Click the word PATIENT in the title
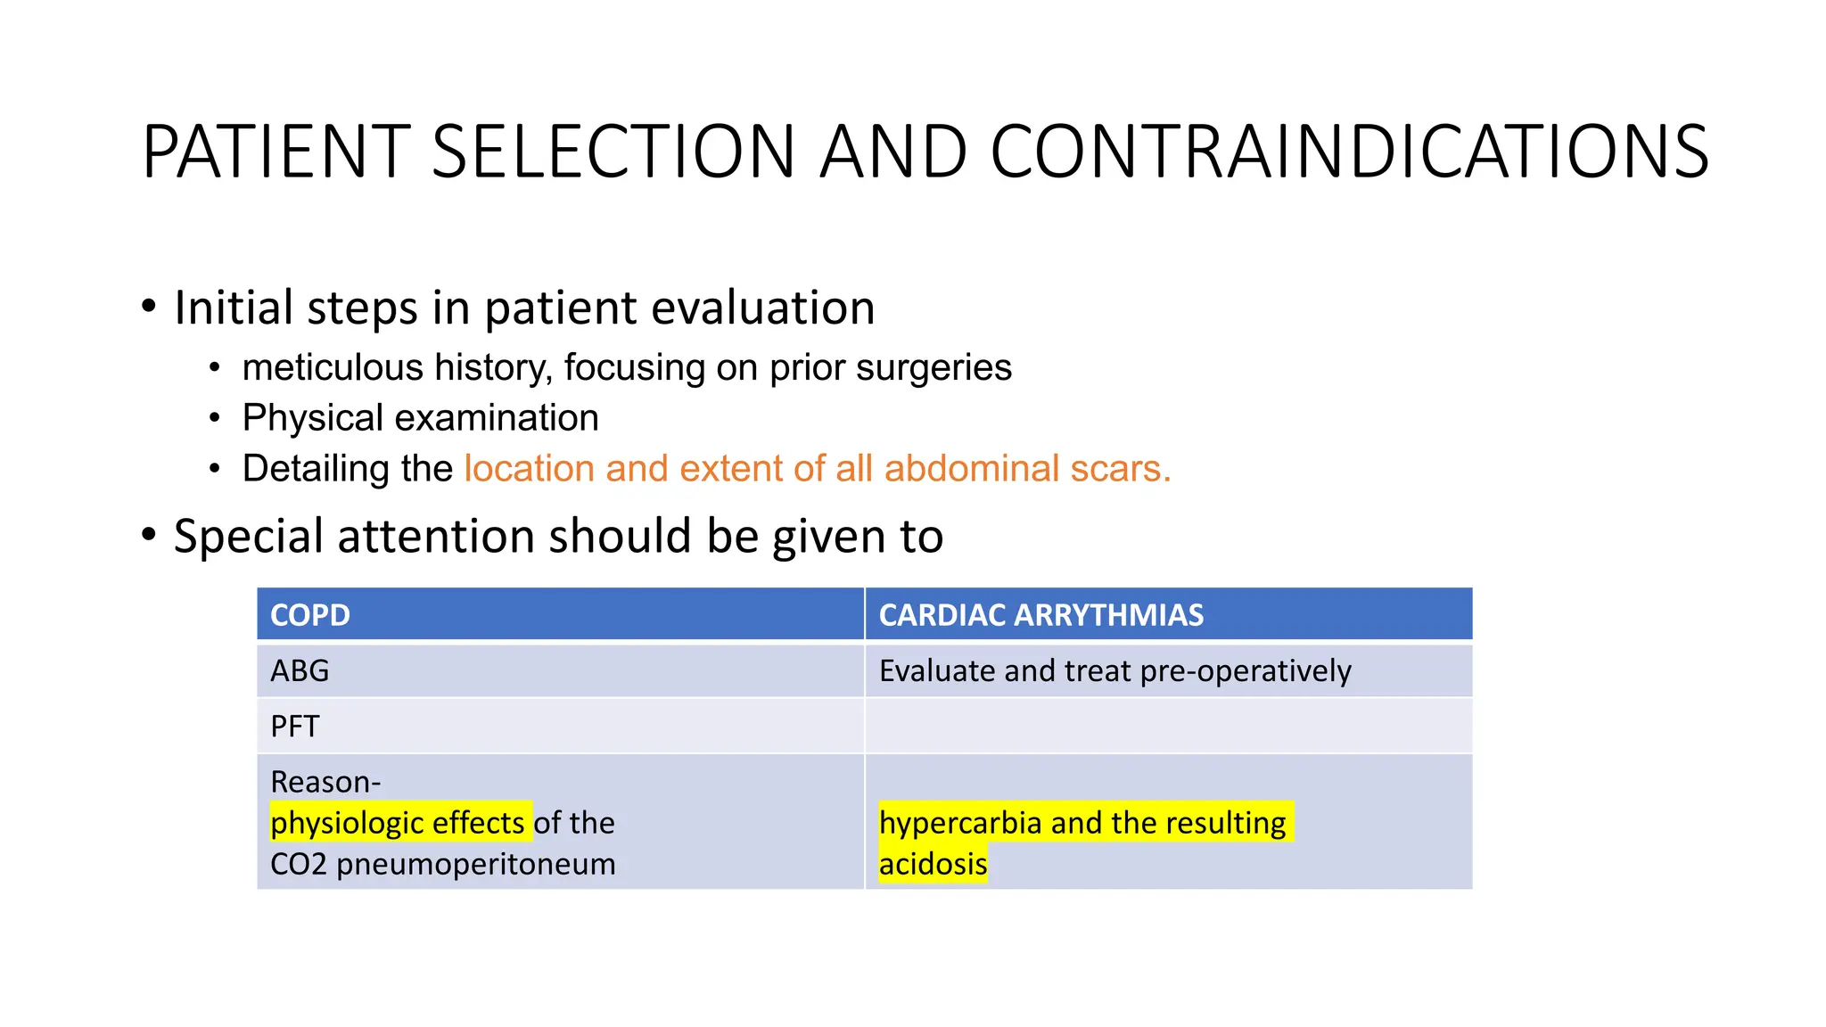point(276,152)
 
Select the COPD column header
point(310,615)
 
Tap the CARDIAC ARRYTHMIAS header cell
point(1040,615)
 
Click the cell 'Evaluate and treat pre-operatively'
point(1115,670)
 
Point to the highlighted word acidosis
point(933,864)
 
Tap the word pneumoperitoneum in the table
point(476,864)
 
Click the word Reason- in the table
point(325,782)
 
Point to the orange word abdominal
point(971,469)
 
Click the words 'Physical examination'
point(420,418)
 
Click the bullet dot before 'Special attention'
point(149,535)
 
